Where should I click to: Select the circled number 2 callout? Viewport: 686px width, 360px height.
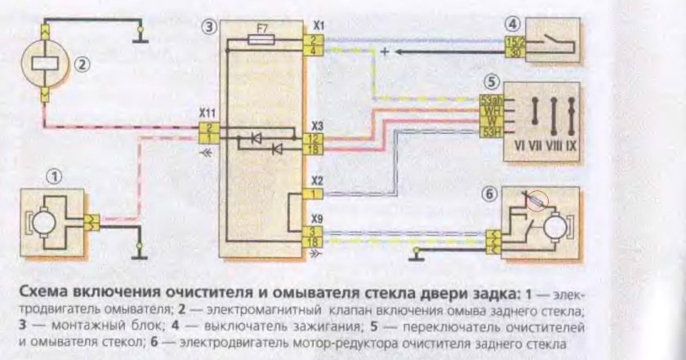click(82, 62)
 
